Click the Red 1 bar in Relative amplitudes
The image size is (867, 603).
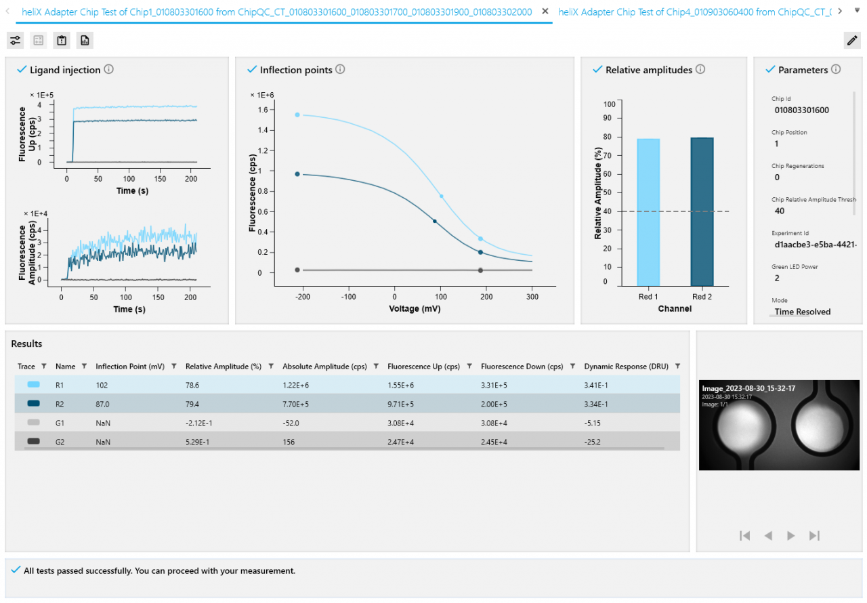[x=648, y=211]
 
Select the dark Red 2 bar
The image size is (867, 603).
[x=702, y=211]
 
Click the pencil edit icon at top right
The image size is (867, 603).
[x=852, y=41]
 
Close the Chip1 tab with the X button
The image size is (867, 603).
[x=545, y=12]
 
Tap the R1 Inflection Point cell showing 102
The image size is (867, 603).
[x=102, y=385]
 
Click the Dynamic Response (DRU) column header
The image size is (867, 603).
[x=626, y=367]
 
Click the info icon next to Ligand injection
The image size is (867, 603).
[x=109, y=69]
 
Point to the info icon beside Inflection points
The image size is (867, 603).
[x=341, y=69]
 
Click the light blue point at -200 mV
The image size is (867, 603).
[x=297, y=115]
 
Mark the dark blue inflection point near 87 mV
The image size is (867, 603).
[x=435, y=221]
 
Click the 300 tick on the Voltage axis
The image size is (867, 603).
[x=532, y=297]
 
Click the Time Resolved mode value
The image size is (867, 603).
[x=803, y=312]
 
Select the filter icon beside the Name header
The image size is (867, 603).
[x=84, y=367]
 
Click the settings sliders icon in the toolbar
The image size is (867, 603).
[x=16, y=41]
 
